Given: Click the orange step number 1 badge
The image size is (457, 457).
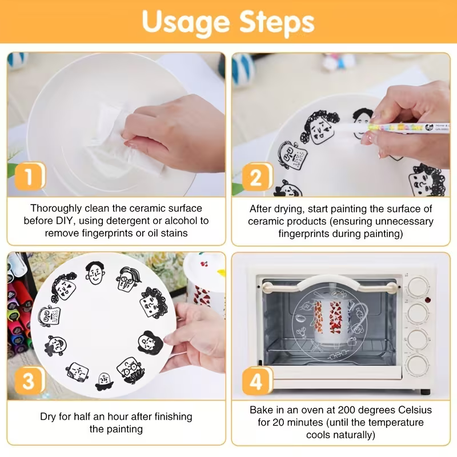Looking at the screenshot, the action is click(x=30, y=176).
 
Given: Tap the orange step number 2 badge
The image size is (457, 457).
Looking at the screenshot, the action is click(x=257, y=177).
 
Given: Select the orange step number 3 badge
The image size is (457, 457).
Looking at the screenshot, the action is click(x=30, y=380).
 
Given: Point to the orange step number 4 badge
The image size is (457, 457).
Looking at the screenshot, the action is click(x=257, y=381).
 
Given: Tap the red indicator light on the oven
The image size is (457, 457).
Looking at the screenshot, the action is click(x=427, y=299).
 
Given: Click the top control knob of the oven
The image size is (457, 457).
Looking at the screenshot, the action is click(x=418, y=286).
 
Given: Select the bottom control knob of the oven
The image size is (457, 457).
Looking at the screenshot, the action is click(x=418, y=364).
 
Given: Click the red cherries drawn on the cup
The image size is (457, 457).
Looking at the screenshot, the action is click(x=204, y=264).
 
